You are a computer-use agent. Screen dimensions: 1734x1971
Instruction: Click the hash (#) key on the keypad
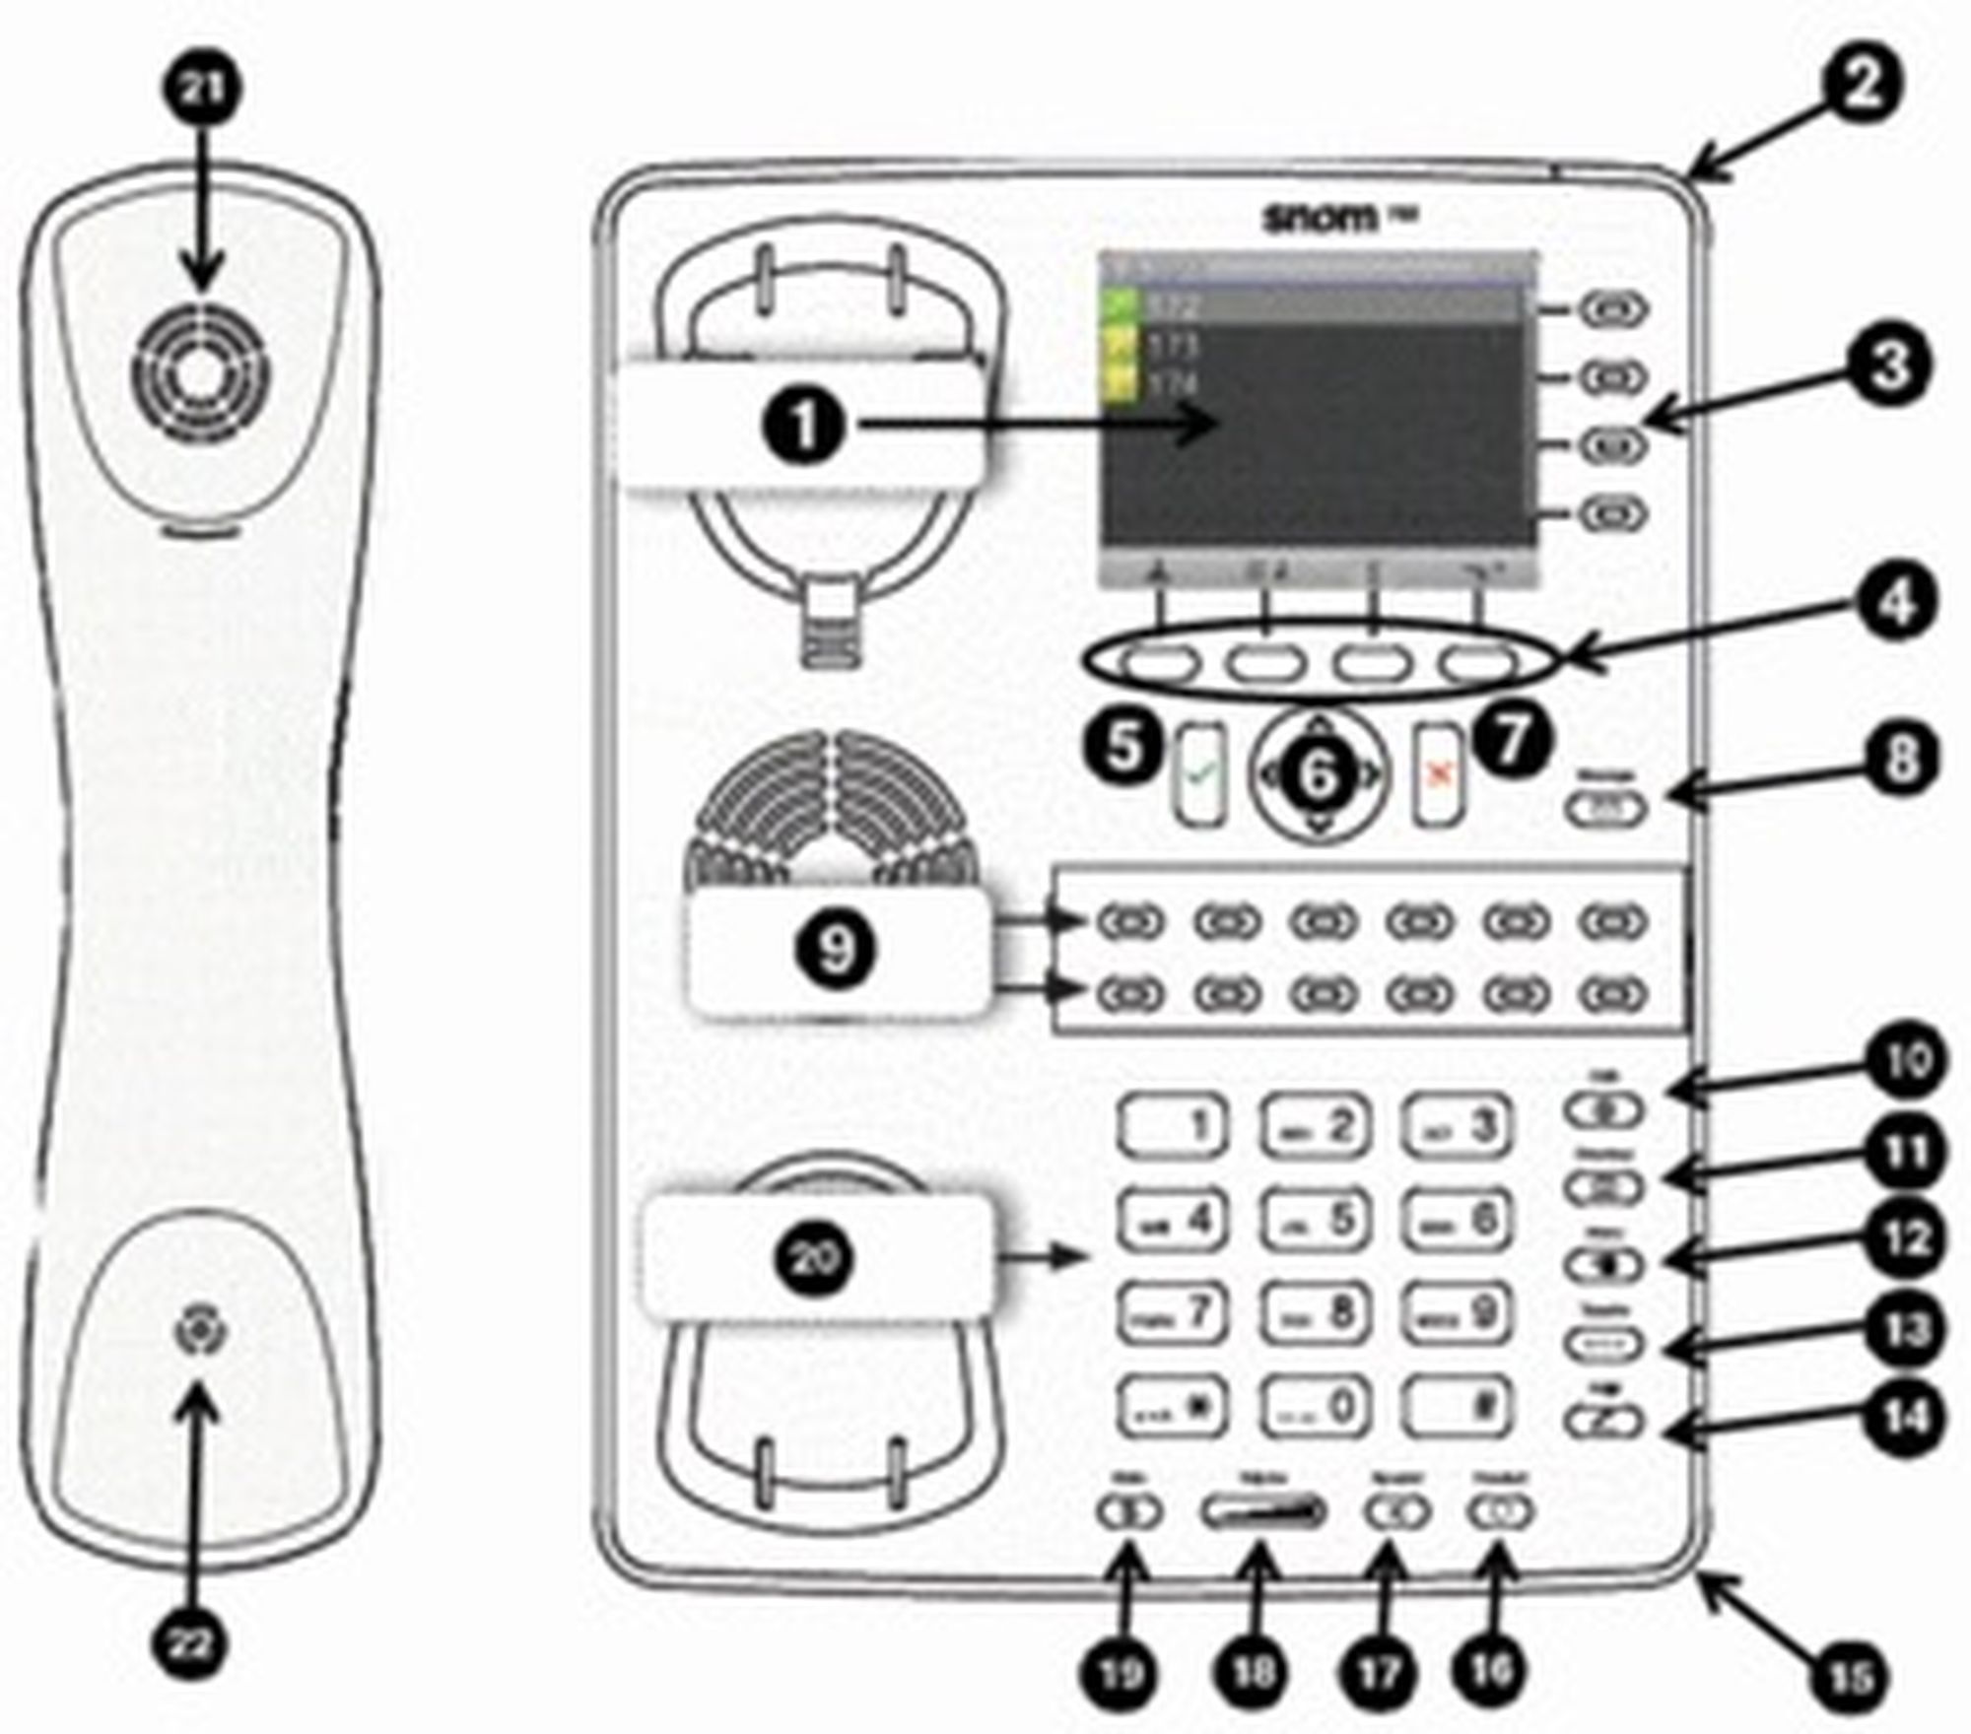tap(1457, 1404)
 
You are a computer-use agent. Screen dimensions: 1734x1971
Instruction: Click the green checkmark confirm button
tap(1201, 774)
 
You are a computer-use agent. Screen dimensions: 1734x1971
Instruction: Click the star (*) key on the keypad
tap(1173, 1404)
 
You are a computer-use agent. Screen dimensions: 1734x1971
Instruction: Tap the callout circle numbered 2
tap(1862, 87)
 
